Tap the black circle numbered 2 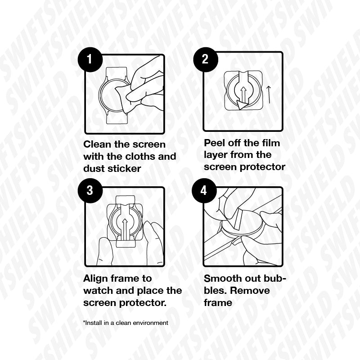[206, 59]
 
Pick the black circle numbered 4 [204, 190]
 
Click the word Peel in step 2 [213, 143]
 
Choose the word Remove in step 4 [250, 291]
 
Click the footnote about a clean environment [126, 323]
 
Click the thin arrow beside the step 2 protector [268, 94]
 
